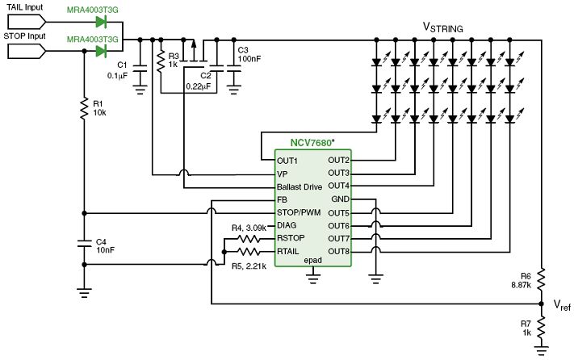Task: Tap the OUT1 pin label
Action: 288,160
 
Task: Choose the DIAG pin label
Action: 287,225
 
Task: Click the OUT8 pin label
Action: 339,251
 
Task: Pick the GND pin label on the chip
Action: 341,199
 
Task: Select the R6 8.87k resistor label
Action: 520,280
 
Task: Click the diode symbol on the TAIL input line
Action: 102,21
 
